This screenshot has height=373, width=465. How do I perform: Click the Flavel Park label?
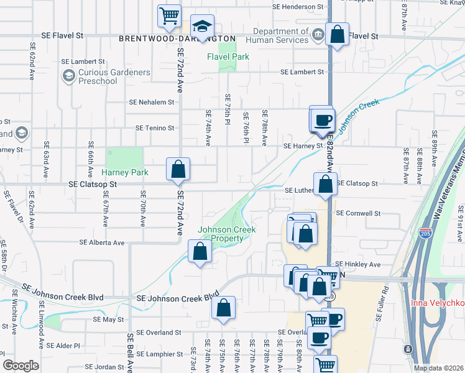tap(228, 57)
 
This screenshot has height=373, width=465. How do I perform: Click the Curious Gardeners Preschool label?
tap(114, 76)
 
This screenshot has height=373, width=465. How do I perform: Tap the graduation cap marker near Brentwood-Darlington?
tap(202, 26)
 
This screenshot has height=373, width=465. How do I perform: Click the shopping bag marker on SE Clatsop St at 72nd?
tap(178, 169)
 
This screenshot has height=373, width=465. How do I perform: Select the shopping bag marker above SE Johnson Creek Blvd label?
tap(200, 252)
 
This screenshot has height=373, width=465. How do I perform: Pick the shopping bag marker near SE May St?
tap(224, 308)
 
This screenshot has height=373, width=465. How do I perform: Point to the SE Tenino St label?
tap(155, 128)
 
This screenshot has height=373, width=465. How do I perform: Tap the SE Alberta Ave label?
tap(102, 243)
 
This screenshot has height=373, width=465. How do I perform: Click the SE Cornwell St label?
tap(358, 213)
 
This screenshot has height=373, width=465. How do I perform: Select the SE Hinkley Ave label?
tap(357, 264)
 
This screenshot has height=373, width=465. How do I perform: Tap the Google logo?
tap(21, 366)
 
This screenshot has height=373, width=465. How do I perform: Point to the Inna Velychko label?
tap(438, 303)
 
